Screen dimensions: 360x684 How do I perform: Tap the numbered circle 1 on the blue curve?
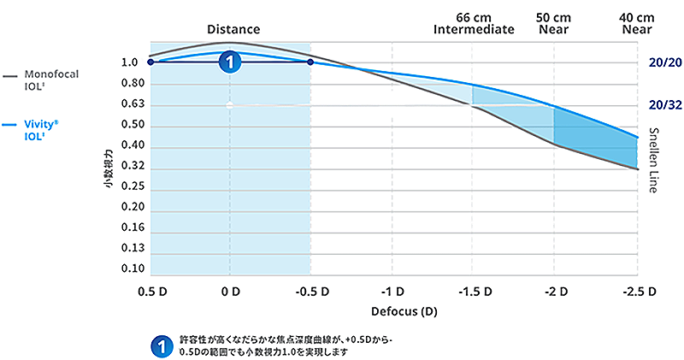pyautogui.click(x=229, y=61)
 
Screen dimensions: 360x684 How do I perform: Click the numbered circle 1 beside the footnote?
pyautogui.click(x=158, y=345)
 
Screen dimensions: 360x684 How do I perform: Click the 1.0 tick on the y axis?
pyautogui.click(x=130, y=62)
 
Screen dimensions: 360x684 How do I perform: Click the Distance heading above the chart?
pyautogui.click(x=233, y=29)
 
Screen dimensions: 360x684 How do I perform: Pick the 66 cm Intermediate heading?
pyautogui.click(x=474, y=23)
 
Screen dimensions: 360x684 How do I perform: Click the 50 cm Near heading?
pyautogui.click(x=554, y=23)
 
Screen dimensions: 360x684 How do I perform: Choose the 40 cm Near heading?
pyautogui.click(x=637, y=23)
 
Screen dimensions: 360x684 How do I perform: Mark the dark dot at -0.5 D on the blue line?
pyautogui.click(x=310, y=62)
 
